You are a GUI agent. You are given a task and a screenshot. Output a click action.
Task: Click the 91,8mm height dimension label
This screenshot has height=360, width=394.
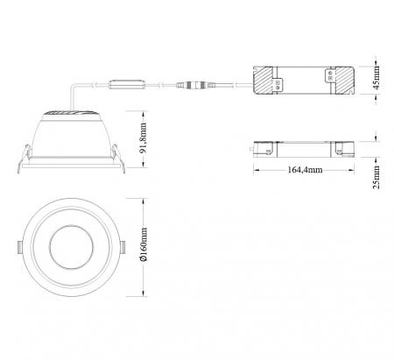[x=144, y=138]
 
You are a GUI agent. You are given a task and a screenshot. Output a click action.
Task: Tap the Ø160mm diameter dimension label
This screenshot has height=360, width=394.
[x=144, y=244]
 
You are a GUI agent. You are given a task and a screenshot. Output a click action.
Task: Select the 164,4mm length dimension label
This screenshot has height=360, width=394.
[x=306, y=170]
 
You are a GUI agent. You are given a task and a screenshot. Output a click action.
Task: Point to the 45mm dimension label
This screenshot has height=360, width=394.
[x=376, y=78]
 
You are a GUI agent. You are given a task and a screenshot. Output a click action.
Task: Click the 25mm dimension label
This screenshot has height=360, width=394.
[x=376, y=177]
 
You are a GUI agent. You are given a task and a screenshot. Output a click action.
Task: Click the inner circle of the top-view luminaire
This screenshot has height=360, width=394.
[x=72, y=247]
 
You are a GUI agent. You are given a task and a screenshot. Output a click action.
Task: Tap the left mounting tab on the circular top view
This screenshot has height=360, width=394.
[x=20, y=247]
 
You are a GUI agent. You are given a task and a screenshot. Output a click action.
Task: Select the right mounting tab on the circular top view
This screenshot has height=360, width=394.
[x=123, y=247]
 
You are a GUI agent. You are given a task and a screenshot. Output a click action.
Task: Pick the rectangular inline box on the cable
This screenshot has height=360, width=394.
[x=127, y=84]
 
